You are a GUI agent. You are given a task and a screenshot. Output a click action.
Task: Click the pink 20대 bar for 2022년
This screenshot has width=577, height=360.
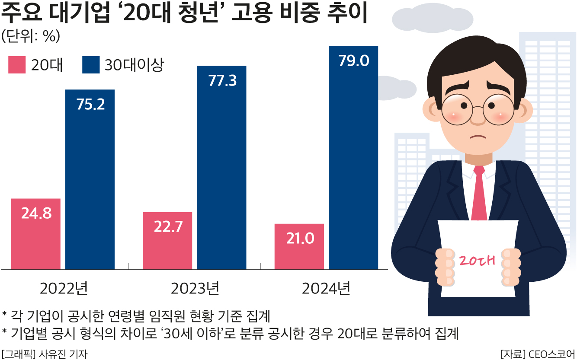[35, 234]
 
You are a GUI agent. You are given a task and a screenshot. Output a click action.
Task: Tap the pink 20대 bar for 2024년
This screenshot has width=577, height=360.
[299, 246]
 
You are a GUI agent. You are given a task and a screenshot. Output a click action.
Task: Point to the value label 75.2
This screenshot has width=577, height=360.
[90, 105]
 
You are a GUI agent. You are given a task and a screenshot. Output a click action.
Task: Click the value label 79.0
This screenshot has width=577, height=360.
[353, 61]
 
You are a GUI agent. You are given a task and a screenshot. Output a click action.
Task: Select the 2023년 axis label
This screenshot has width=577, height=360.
[195, 288]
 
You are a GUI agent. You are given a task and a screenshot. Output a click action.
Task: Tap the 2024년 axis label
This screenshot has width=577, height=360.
[326, 288]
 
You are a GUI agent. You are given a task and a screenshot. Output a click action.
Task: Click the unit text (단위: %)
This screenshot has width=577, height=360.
[30, 37]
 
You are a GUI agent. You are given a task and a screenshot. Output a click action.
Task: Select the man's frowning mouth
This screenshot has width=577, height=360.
[478, 138]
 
